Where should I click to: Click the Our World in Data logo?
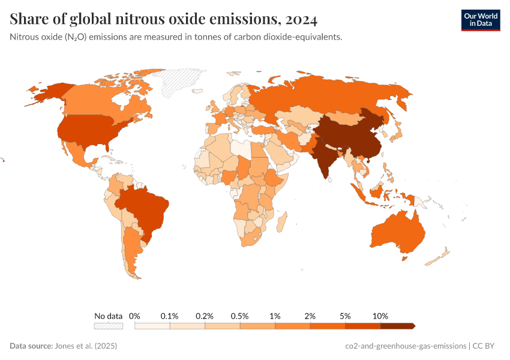480,20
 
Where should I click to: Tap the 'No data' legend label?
108,316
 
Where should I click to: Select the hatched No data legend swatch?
108,326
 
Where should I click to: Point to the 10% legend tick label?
380,316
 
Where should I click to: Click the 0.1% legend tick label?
170,316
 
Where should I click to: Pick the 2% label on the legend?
310,316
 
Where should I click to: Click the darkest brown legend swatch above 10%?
397,326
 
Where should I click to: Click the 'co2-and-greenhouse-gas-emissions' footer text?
406,346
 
